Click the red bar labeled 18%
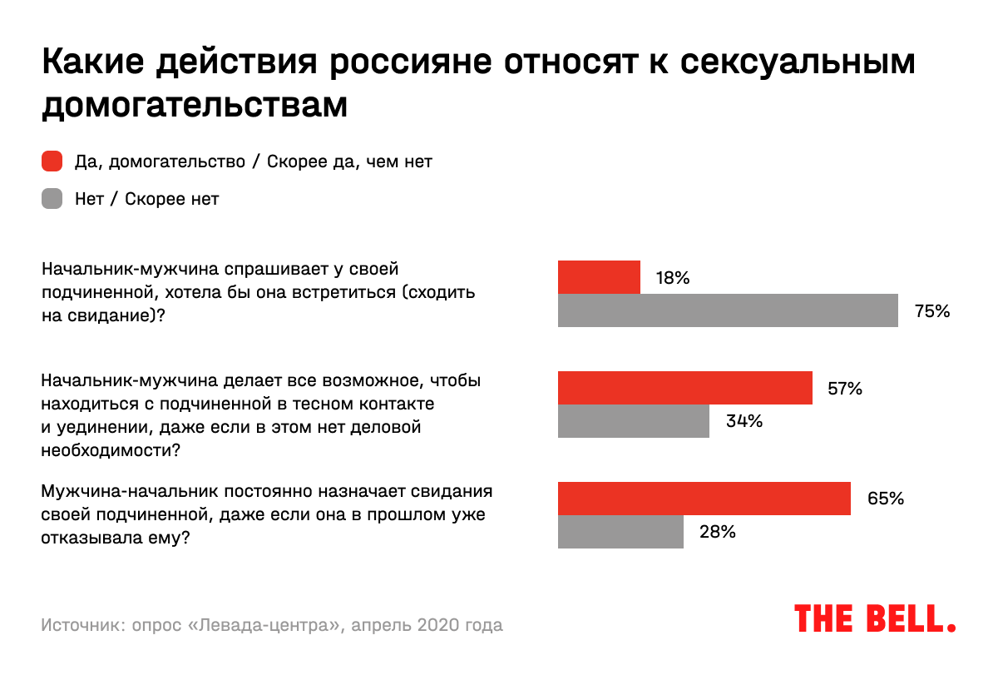[x=599, y=277]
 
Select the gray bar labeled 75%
[x=728, y=310]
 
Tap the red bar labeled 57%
[x=684, y=388]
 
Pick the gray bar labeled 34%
[x=633, y=421]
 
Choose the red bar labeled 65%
[x=704, y=499]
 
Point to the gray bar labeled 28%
[x=620, y=532]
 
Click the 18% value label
[x=673, y=278]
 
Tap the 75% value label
[x=931, y=311]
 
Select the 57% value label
[x=845, y=389]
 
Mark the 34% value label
[x=743, y=421]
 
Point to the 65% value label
[x=885, y=499]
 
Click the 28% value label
[x=717, y=533]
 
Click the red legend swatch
[x=52, y=161]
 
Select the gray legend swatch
[x=52, y=200]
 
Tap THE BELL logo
[x=875, y=619]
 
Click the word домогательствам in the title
[x=194, y=106]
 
